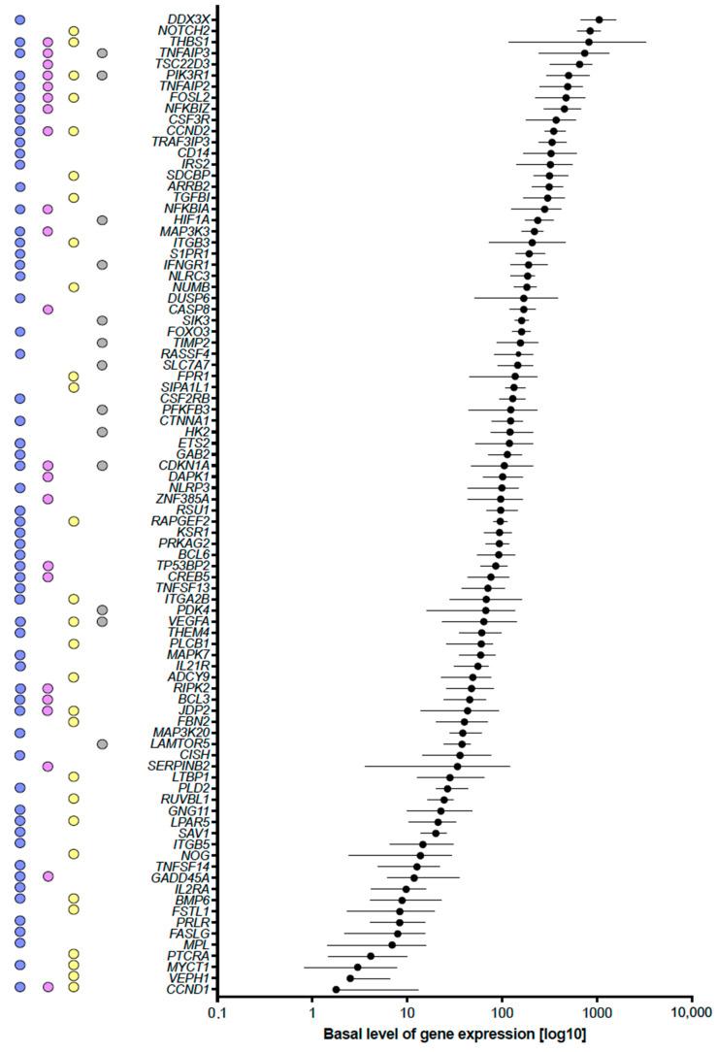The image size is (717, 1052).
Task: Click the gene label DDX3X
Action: click(x=188, y=19)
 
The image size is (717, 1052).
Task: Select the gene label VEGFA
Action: click(x=189, y=621)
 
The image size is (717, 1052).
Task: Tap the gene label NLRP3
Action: click(x=189, y=487)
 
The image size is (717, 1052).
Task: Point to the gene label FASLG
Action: click(x=190, y=934)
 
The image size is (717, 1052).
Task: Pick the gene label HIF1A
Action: click(x=191, y=220)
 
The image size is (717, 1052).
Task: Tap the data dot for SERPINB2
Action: click(x=458, y=767)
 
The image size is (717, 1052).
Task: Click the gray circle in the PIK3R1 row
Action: click(x=102, y=76)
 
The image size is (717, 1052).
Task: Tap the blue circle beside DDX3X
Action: click(x=20, y=19)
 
